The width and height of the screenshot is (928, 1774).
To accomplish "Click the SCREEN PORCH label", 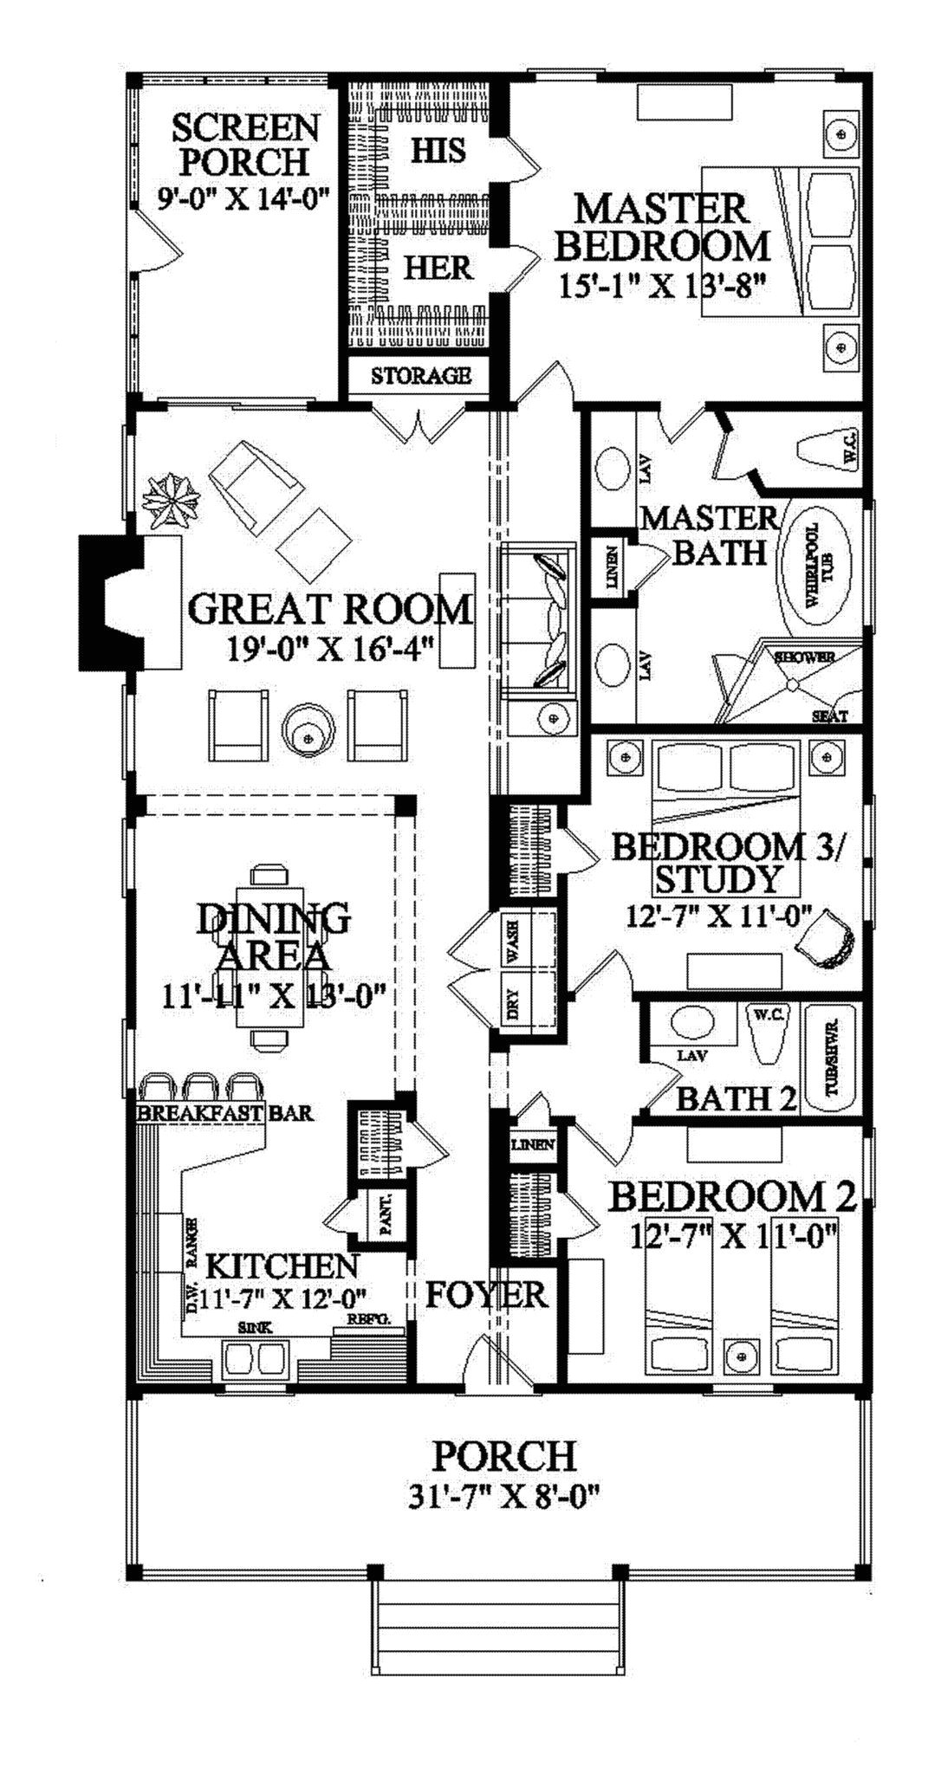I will pyautogui.click(x=245, y=145).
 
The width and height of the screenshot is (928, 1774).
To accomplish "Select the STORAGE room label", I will pyautogui.click(x=421, y=376).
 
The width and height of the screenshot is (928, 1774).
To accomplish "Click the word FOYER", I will pyautogui.click(x=486, y=1295).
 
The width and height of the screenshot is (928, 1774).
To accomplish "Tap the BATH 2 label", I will pyautogui.click(x=736, y=1098).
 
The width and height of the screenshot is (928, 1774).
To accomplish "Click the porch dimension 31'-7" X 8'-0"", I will pyautogui.click(x=504, y=1496).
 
